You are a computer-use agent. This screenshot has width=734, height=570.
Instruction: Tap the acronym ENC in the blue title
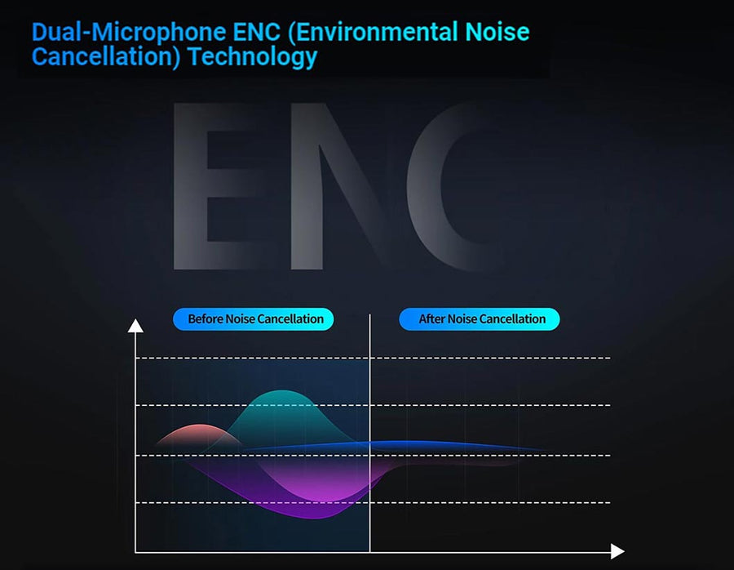[256, 33]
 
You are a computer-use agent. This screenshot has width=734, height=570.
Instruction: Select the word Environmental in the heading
[373, 33]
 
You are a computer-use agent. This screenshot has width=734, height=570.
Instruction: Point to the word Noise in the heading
[497, 33]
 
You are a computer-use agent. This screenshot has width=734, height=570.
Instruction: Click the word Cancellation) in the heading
[106, 57]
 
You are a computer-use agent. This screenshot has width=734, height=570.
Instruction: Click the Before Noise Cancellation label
[254, 319]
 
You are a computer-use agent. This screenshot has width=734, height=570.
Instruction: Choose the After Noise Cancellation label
[480, 319]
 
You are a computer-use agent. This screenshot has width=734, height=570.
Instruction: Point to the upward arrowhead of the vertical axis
[135, 326]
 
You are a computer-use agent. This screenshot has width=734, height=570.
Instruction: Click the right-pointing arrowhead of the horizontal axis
[617, 552]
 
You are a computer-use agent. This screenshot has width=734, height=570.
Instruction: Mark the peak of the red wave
[200, 425]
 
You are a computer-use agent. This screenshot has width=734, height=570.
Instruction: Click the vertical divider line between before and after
[369, 434]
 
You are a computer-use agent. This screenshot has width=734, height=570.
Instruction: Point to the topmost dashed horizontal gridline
[373, 358]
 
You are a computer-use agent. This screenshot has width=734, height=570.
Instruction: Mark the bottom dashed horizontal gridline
[373, 502]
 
